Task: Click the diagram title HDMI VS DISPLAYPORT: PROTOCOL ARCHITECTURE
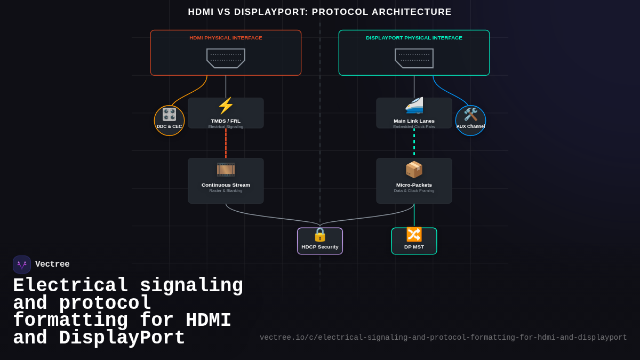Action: (319, 12)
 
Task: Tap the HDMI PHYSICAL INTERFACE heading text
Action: (226, 38)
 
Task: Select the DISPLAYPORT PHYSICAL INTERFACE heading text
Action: (414, 38)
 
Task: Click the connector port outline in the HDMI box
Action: (226, 58)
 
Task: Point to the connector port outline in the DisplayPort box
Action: (414, 58)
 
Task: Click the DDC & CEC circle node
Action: (169, 121)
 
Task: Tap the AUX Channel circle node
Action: (470, 121)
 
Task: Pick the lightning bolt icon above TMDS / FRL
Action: (226, 106)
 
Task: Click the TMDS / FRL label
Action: (226, 121)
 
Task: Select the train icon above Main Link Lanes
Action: (414, 106)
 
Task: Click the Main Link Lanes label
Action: (414, 121)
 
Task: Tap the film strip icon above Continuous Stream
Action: (226, 170)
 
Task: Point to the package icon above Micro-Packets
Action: (414, 170)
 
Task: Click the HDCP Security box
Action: (320, 241)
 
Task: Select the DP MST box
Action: (414, 241)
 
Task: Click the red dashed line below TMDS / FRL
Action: (226, 143)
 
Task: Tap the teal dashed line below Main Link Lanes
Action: (414, 143)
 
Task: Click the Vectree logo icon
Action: (22, 265)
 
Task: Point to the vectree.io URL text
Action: (443, 338)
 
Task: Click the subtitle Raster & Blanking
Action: (226, 191)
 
